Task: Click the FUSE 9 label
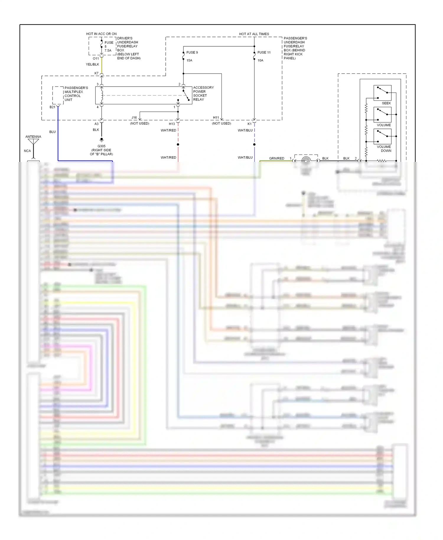coord(192,52)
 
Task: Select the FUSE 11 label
coord(264,52)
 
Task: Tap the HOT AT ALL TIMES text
coord(254,34)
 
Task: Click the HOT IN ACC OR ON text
coord(101,34)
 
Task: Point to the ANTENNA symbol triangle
coord(33,141)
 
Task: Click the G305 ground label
coord(101,146)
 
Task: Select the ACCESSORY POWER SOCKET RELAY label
coord(203,93)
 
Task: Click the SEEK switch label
coord(386,103)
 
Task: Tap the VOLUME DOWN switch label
coord(384,149)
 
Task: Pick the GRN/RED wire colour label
coord(276,158)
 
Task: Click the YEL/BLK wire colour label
coord(92,64)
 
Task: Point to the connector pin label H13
coord(172,124)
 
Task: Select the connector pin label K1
coord(250,124)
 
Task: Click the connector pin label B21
coord(52,107)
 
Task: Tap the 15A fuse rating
coord(189,60)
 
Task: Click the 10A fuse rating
coord(260,60)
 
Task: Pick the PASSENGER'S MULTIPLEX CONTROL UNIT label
coord(76,94)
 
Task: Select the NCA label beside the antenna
coord(27,151)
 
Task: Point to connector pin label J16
coord(134,118)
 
